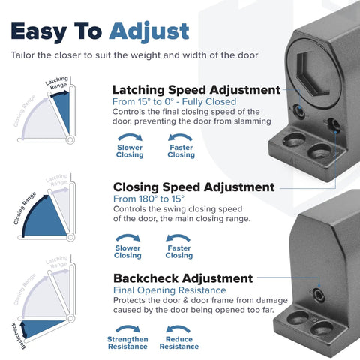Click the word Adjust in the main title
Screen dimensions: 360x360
[149, 31]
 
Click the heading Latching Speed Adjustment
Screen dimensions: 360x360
[196, 90]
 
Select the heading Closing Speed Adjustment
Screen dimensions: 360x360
[194, 187]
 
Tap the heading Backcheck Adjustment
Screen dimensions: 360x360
[183, 278]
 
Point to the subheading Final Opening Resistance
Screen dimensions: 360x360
[169, 290]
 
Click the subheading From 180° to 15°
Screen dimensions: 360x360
[148, 199]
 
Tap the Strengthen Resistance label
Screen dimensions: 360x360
[127, 343]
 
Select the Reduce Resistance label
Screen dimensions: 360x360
[179, 343]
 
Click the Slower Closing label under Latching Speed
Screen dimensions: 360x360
[130, 151]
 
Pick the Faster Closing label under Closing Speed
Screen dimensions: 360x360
[179, 252]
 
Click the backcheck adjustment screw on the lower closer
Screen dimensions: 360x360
[318, 294]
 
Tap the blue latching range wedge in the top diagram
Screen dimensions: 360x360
[63, 110]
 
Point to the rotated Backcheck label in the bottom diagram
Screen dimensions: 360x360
[19, 336]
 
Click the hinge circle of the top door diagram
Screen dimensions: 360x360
[70, 139]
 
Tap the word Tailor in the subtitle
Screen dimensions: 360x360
[22, 55]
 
